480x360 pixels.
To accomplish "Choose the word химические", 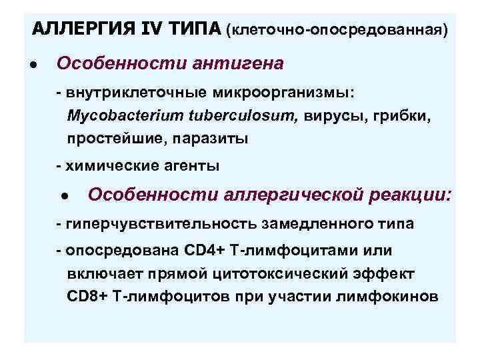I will coord(108,165).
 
